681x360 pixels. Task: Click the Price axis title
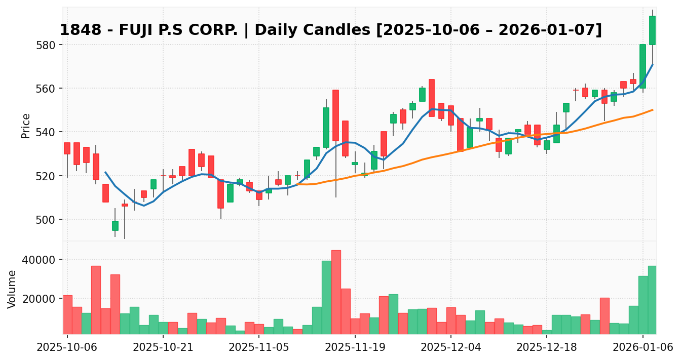pos(26,126)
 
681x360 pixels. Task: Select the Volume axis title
pos(12,289)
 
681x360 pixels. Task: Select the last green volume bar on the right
pos(652,300)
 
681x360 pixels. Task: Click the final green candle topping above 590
pos(652,30)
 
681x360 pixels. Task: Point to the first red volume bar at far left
pos(67,314)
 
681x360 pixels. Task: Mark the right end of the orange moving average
pos(653,109)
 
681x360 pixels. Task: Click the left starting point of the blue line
pos(105,172)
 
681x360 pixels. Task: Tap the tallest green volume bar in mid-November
pos(326,297)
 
